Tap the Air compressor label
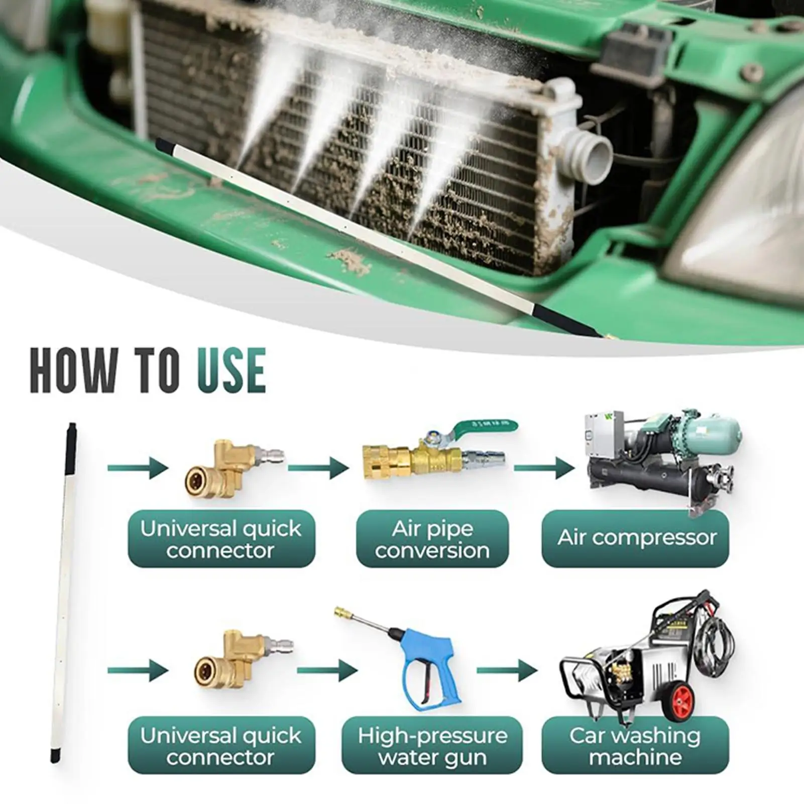pyautogui.click(x=636, y=538)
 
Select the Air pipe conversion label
pyautogui.click(x=432, y=539)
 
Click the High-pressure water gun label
pyautogui.click(x=432, y=746)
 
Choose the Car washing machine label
pyautogui.click(x=635, y=746)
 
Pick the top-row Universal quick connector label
pyautogui.click(x=221, y=539)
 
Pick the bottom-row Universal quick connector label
pyautogui.click(x=221, y=746)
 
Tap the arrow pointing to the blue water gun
pyautogui.click(x=326, y=670)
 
